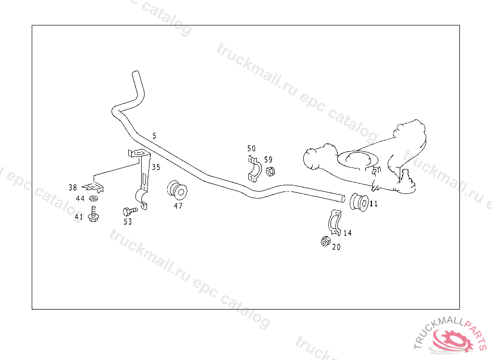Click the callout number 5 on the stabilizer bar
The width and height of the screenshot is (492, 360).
(154, 136)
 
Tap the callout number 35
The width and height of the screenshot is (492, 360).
(156, 167)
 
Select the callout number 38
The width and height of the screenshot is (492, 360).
(73, 188)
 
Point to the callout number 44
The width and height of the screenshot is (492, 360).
(80, 199)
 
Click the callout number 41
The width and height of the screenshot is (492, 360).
(79, 216)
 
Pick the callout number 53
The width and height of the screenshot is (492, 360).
(128, 222)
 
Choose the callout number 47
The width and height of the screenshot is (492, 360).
(178, 206)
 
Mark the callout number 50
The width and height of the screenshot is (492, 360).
(251, 148)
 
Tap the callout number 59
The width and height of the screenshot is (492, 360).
(268, 160)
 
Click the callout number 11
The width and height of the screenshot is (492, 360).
(374, 204)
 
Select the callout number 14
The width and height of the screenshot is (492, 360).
(347, 233)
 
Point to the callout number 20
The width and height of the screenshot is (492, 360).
(336, 247)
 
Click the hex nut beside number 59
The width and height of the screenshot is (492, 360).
(270, 171)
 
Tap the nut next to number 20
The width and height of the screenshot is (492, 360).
(325, 241)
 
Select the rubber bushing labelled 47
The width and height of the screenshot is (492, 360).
(177, 190)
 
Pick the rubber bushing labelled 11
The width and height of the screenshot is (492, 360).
(359, 202)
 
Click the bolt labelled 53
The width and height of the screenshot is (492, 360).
(130, 211)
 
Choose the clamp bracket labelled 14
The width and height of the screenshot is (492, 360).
(335, 222)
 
